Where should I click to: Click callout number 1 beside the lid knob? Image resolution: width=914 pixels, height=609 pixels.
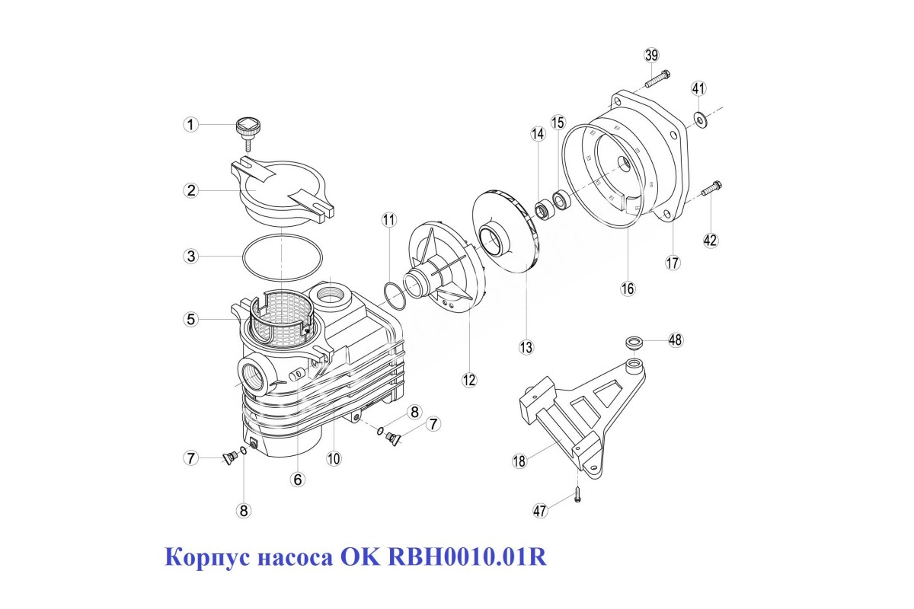(x=190, y=124)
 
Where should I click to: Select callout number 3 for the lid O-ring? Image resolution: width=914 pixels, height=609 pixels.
(x=191, y=257)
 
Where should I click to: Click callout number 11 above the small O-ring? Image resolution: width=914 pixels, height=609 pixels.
(x=389, y=220)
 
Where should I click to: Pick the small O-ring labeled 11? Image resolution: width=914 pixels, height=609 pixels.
(x=395, y=295)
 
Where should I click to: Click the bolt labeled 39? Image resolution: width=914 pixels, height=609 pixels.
(x=657, y=78)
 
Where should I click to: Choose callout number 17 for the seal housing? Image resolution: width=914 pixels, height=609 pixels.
(x=673, y=263)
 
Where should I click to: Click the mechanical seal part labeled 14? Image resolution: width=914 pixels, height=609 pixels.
(x=544, y=211)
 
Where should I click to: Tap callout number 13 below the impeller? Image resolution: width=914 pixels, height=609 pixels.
(x=526, y=347)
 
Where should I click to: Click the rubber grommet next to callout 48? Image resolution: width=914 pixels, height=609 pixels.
(x=634, y=343)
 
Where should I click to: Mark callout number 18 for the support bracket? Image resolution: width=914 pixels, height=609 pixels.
(x=519, y=461)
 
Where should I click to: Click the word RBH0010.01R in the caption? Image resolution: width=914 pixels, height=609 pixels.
(x=467, y=556)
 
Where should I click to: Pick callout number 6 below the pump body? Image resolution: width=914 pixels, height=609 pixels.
(x=298, y=480)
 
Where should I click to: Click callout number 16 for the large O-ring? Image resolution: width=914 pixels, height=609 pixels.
(x=628, y=289)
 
